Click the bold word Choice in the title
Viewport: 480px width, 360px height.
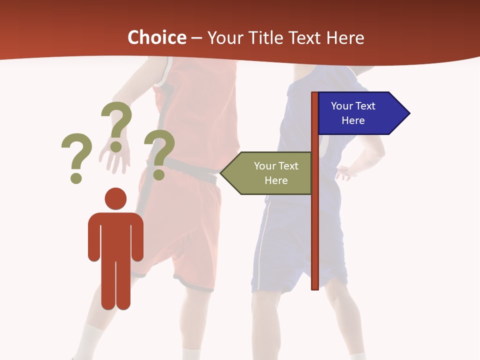click(156, 37)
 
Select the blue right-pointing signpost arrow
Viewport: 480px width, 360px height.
click(360, 113)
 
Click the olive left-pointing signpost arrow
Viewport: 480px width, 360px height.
click(270, 173)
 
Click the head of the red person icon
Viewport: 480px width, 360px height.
click(115, 198)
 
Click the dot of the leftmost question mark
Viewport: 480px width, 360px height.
click(76, 177)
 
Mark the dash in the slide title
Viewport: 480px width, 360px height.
click(196, 38)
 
